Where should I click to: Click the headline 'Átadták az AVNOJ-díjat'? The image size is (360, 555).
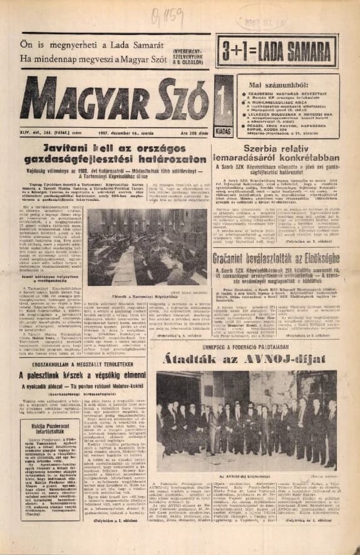(244, 360)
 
